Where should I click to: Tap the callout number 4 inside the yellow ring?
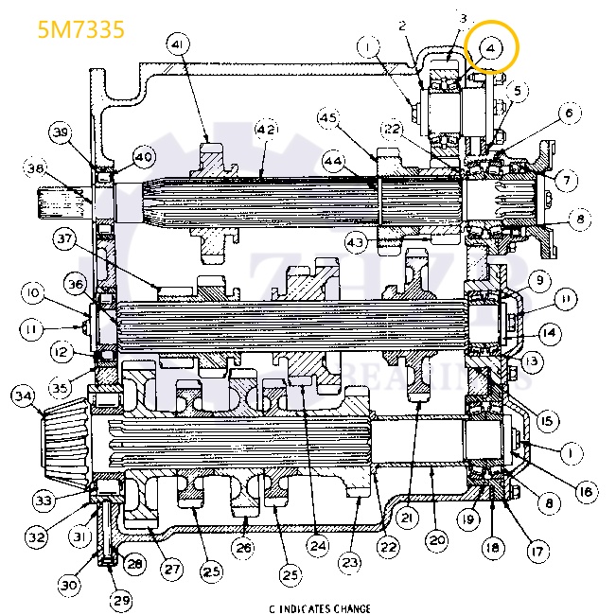coord(491,47)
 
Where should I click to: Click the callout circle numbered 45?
coord(328,118)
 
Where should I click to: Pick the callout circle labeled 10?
coord(31,294)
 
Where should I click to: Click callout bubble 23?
coord(351,563)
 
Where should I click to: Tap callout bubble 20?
coord(435,540)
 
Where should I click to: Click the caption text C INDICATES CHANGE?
coord(319,608)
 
